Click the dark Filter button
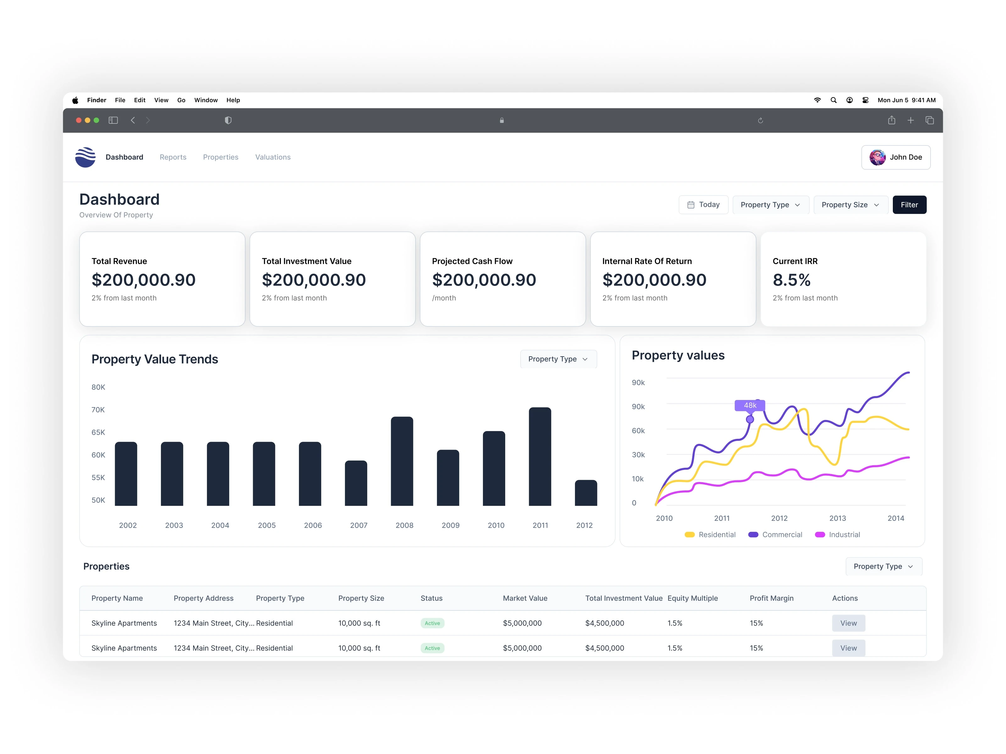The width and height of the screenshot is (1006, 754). (909, 205)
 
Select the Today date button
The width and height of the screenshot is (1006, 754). (703, 205)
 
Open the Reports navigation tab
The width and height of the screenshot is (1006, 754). (173, 157)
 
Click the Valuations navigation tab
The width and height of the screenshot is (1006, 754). (273, 157)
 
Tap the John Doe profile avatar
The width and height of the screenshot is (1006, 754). (877, 157)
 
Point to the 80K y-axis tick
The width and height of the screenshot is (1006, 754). (98, 387)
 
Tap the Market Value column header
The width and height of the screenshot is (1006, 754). (525, 598)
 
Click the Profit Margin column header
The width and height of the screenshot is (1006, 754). (771, 598)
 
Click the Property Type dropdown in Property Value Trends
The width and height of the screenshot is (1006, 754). (558, 359)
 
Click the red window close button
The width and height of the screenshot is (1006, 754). (79, 120)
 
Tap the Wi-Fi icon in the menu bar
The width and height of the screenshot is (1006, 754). (817, 100)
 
